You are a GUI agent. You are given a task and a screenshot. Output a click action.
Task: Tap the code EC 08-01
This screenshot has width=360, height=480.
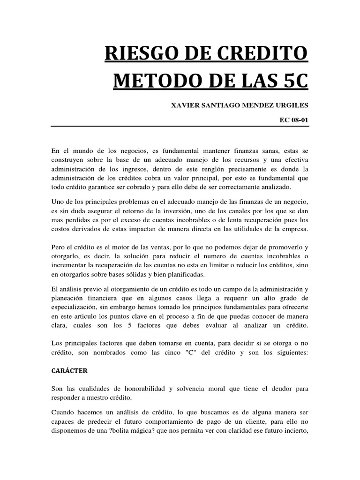[x=294, y=120]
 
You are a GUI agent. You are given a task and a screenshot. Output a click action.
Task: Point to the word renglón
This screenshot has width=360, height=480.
[x=223, y=168]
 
